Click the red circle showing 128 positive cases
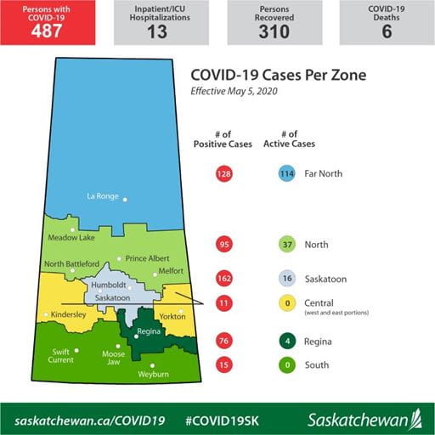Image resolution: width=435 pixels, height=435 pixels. (x=224, y=174)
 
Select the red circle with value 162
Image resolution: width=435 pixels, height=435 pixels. (x=224, y=279)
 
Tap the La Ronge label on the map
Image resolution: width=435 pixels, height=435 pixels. (x=104, y=196)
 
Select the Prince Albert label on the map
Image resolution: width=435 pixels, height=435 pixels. (x=145, y=258)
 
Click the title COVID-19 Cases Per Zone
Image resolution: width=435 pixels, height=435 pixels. (x=280, y=75)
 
